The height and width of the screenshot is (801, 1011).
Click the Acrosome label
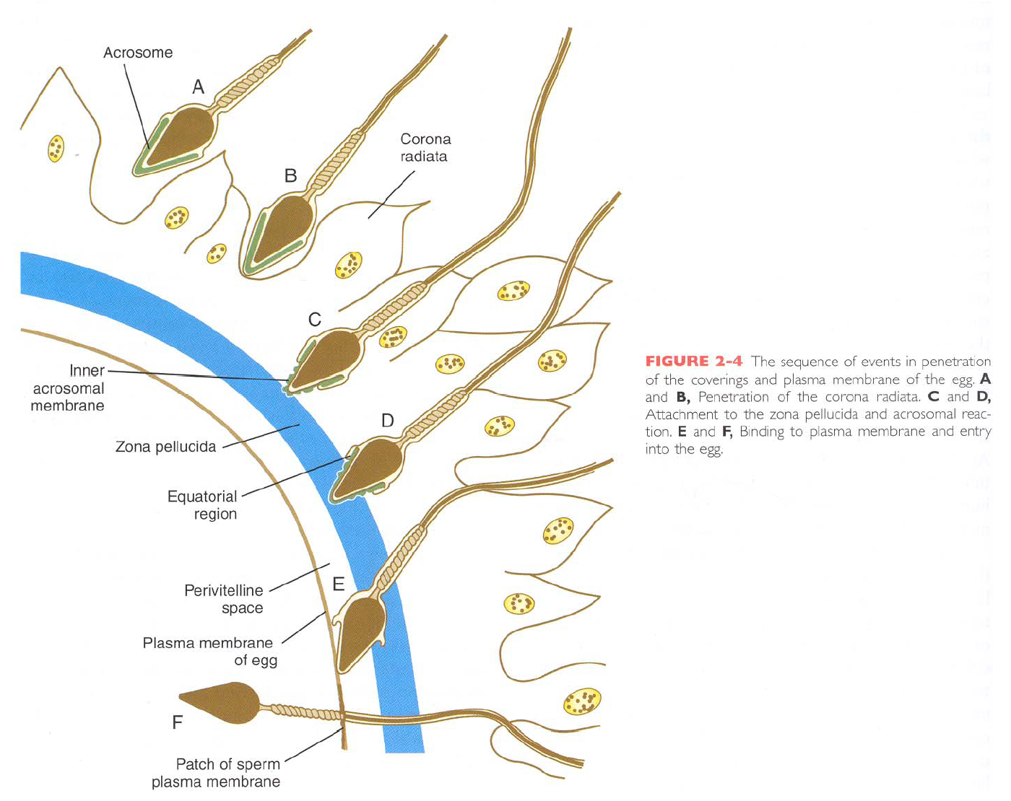138,53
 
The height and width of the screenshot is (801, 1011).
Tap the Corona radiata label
425,148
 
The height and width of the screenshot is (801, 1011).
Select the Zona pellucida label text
165,447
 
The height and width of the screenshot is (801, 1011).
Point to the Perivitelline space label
224,599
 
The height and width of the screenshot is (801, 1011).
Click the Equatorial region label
202,505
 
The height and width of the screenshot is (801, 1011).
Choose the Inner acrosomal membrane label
69,388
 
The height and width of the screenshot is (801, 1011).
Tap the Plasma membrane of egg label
209,651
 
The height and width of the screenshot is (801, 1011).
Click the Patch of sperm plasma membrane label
216,773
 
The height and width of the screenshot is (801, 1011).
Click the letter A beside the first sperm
198,87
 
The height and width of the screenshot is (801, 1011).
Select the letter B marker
290,175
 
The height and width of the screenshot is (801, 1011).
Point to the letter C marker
315,320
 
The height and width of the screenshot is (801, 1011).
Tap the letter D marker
388,421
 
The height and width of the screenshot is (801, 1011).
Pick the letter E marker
339,584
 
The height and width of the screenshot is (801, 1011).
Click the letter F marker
178,722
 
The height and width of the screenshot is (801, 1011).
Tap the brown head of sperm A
181,133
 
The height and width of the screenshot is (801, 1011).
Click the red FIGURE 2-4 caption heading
693,362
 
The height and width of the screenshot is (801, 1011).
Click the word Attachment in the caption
681,414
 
